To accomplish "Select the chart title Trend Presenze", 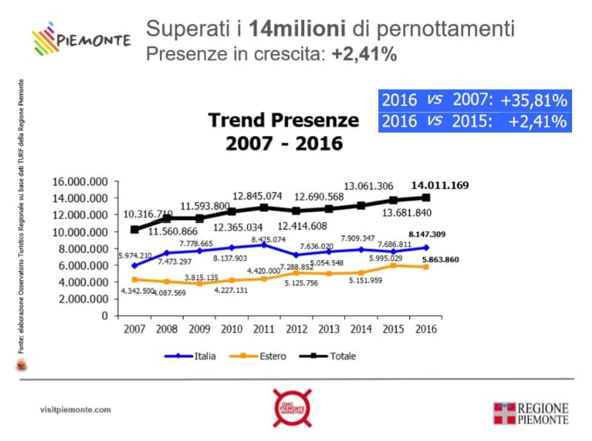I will coord(283,120).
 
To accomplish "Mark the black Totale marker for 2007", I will coord(134,230).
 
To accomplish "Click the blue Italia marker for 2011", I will coord(263,245).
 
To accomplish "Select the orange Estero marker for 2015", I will coord(393,265).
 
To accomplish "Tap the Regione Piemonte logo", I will coord(531,414).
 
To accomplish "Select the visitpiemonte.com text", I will coord(75,409).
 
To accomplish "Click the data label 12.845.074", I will coord(258,196).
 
